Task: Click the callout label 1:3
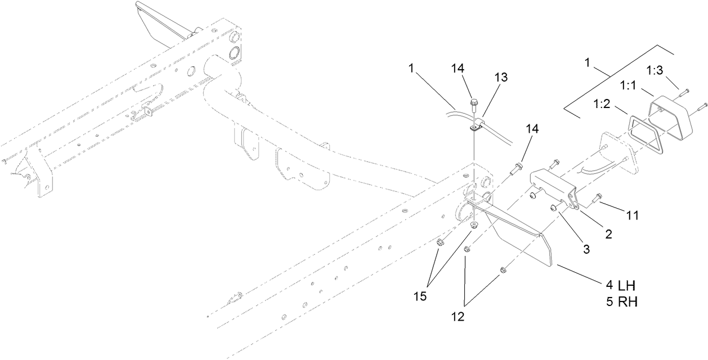(x=655, y=70)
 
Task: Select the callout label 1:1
(x=628, y=85)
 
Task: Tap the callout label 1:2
(x=602, y=104)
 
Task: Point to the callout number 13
(x=500, y=77)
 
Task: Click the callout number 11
(x=632, y=215)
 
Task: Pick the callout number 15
(x=420, y=296)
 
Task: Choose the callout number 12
(x=458, y=317)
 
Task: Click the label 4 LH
(x=621, y=286)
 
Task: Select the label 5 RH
(x=622, y=302)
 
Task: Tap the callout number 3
(x=586, y=249)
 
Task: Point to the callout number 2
(x=609, y=234)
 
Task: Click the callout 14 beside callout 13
(x=458, y=69)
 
